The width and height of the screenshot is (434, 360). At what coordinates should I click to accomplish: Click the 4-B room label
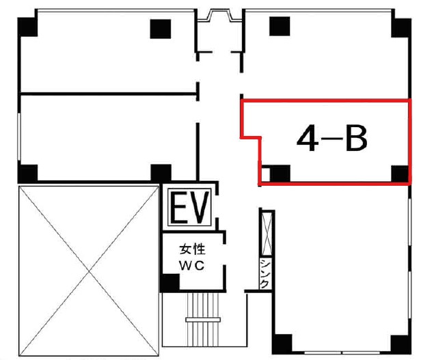[x=331, y=139]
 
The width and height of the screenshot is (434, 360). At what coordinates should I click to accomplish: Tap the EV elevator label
[x=189, y=207]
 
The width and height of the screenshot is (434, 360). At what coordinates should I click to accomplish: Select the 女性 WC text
[x=192, y=258]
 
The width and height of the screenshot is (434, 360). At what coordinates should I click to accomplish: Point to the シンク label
[x=265, y=273]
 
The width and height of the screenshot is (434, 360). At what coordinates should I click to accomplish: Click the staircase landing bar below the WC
[x=203, y=320]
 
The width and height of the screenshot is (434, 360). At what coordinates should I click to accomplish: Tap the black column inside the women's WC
[x=170, y=282]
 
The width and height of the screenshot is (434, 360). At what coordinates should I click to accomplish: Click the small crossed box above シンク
[x=267, y=234]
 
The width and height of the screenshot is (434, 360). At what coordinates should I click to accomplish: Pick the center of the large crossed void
[x=89, y=271]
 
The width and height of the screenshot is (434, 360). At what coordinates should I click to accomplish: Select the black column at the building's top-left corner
[x=27, y=27]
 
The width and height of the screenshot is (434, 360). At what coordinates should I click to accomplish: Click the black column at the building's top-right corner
[x=401, y=28]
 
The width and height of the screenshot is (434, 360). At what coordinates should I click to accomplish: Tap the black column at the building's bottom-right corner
[x=401, y=344]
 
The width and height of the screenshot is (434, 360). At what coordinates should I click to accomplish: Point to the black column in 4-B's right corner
[x=400, y=174]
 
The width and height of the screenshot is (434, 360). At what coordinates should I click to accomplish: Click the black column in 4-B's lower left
[x=280, y=174]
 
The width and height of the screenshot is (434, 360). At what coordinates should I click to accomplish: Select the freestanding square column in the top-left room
[x=161, y=29]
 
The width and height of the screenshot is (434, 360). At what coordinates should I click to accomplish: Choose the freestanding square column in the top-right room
[x=280, y=26]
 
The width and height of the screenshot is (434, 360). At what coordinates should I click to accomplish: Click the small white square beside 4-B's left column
[x=266, y=174]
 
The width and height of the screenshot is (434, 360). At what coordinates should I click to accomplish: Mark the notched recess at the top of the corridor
[x=220, y=16]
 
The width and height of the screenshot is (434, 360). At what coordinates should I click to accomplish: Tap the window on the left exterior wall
[x=19, y=137]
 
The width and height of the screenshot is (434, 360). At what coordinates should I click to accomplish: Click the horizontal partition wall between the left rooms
[x=109, y=94]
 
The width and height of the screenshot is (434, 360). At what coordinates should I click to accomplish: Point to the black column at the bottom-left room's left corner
[x=27, y=174]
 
